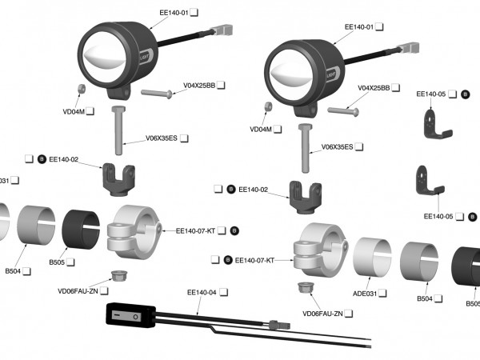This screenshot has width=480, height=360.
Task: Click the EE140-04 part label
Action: pyautogui.click(x=202, y=293)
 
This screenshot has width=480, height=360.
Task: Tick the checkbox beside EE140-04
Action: pyautogui.click(x=224, y=293)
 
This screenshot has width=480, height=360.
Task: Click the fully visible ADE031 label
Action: pyautogui.click(x=358, y=294)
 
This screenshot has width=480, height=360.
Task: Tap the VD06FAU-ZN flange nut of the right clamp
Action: pyautogui.click(x=304, y=289)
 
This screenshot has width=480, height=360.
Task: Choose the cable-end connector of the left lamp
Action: pyautogui.click(x=227, y=30)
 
